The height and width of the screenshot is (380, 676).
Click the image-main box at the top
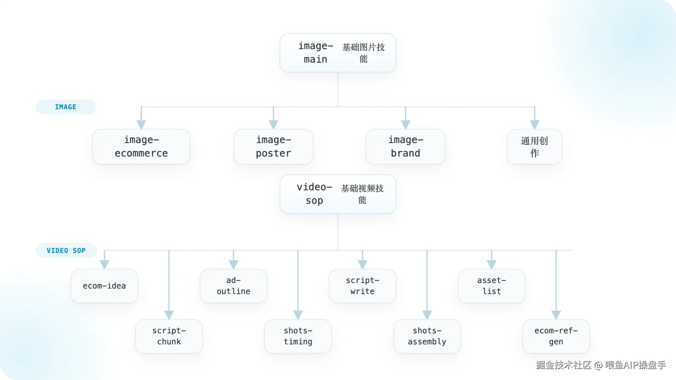coord(338,53)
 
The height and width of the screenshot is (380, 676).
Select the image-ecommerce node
coord(141,147)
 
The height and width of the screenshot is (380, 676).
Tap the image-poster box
coord(273,147)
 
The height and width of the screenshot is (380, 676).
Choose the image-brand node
coord(406,147)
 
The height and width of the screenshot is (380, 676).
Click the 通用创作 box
coord(534,147)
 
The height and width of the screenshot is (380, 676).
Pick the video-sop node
coord(338,194)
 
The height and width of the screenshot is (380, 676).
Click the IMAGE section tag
coord(66,107)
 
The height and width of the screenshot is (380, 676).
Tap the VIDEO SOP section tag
coord(66,250)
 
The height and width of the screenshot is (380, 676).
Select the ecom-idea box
coord(104,286)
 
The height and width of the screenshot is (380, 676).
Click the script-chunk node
coord(169,336)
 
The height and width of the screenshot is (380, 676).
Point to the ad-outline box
coord(233,286)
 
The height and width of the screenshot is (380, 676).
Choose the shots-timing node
coord(298,336)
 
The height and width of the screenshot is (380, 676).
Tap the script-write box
coord(363,286)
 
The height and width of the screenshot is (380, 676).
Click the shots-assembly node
coord(427,336)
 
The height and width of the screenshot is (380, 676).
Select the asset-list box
coord(491,286)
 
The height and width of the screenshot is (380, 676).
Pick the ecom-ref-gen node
coord(556,336)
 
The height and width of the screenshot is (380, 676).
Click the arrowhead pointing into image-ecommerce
coord(141,125)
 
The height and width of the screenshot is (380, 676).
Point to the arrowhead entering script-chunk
coord(169,315)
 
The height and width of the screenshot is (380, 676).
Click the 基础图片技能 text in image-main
coord(363,53)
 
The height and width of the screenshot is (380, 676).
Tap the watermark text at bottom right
coord(601,365)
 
